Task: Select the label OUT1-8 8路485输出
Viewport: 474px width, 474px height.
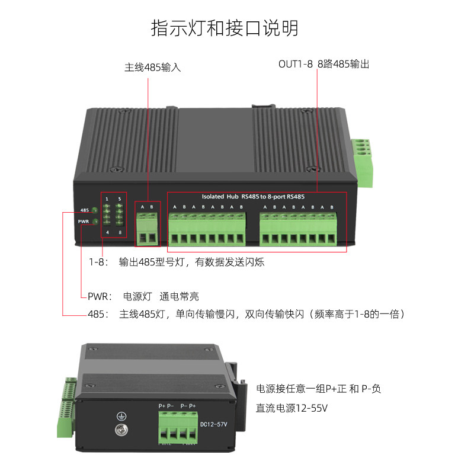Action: pyautogui.click(x=324, y=64)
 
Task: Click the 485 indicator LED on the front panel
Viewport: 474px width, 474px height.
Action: pyautogui.click(x=94, y=210)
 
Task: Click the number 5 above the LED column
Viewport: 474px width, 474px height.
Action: pyautogui.click(x=120, y=198)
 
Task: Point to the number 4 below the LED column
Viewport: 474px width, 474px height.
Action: pyautogui.click(x=107, y=232)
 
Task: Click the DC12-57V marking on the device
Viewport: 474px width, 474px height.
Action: pyautogui.click(x=214, y=424)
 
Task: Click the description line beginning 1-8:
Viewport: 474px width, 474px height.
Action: pyautogui.click(x=177, y=262)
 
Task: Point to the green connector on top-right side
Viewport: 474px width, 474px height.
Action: pyautogui.click(x=362, y=155)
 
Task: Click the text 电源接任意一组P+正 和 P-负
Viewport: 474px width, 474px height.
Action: pyautogui.click(x=318, y=389)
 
